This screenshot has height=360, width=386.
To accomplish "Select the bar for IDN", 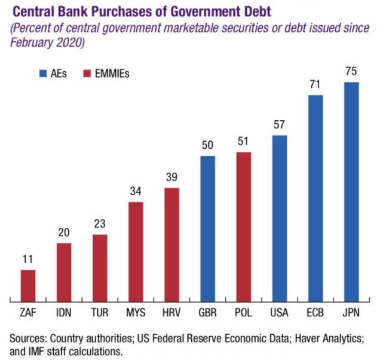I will [x=64, y=271].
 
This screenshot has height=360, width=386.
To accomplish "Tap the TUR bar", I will [x=100, y=267].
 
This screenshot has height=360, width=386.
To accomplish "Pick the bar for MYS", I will [x=136, y=251].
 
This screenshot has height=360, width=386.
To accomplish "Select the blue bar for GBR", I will [x=207, y=228].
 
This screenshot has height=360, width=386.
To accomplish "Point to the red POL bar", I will [x=243, y=226].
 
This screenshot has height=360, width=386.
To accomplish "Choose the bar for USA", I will [x=279, y=218].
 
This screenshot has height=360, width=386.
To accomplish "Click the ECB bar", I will [x=315, y=197].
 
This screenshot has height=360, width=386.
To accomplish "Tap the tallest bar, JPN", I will [x=351, y=191].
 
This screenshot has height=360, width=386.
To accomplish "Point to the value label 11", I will [x=28, y=260].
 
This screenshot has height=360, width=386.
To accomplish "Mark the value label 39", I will [x=171, y=178].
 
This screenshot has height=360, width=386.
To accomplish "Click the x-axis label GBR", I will [x=207, y=313].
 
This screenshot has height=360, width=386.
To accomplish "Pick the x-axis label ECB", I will [x=315, y=313].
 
